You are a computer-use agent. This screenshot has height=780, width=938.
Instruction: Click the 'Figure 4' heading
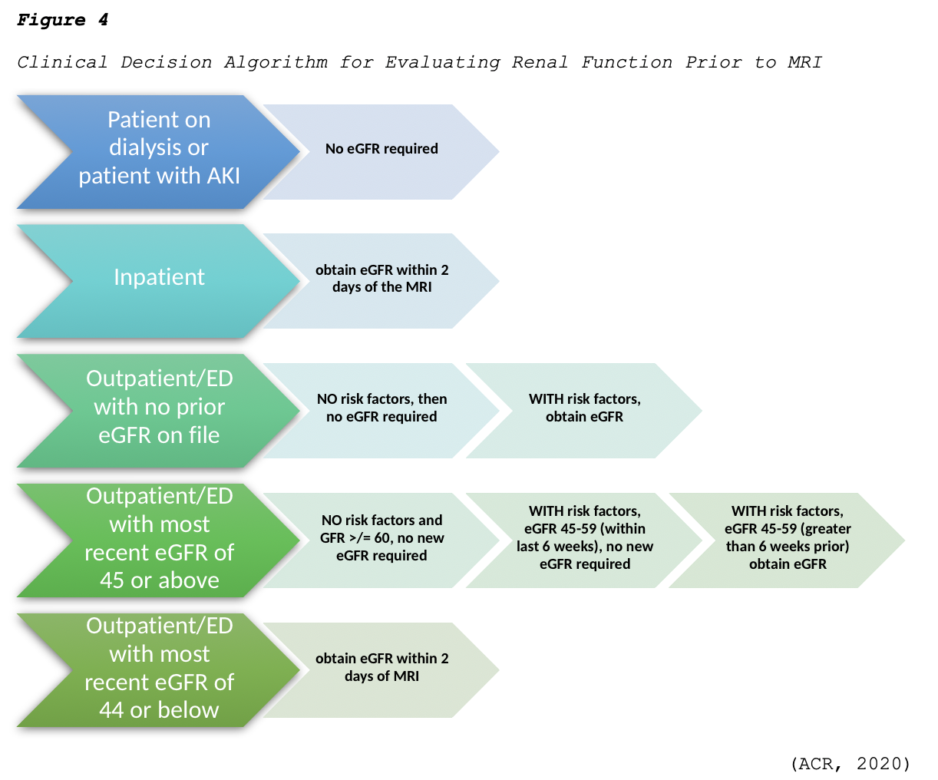tap(62, 21)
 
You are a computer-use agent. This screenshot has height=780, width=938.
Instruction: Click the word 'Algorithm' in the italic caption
tap(276, 62)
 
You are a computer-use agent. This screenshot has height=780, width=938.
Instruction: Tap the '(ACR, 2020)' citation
tap(850, 763)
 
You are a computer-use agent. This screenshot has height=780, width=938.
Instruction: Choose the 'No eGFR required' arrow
tap(381, 149)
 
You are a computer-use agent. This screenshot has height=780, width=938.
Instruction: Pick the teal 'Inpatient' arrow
tap(159, 277)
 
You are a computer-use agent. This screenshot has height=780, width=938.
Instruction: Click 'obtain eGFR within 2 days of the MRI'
tap(381, 279)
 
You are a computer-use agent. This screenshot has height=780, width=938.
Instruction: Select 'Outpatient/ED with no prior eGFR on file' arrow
tap(159, 407)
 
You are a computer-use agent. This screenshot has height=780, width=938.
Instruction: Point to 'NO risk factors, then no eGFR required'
tap(381, 408)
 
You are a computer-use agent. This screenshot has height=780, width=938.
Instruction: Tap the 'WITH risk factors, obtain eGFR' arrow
tap(584, 408)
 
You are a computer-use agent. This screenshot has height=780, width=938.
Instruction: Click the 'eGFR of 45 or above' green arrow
tap(159, 538)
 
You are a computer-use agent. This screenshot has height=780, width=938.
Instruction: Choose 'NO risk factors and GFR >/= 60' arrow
tap(381, 538)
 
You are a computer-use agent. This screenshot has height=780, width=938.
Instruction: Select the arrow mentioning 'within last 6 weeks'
tap(584, 538)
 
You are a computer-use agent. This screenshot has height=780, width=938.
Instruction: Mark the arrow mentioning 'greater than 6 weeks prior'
tap(787, 538)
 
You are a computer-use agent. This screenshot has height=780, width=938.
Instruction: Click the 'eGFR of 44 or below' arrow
tap(159, 668)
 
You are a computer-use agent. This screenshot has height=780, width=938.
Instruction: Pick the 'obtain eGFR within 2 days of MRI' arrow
tap(381, 668)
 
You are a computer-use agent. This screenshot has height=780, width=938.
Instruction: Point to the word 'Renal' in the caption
tap(540, 62)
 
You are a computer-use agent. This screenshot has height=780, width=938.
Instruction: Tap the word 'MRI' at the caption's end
tap(804, 62)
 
